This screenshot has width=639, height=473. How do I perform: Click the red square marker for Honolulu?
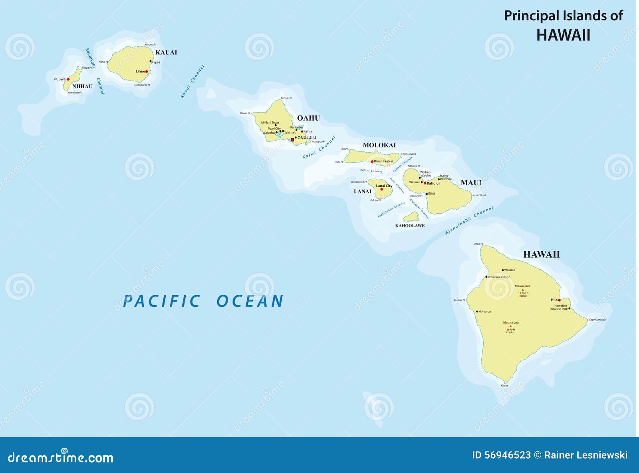click(x=292, y=139)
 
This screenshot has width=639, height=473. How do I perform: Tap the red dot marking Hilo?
click(x=559, y=300)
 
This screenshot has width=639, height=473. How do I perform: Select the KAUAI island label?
click(x=166, y=52)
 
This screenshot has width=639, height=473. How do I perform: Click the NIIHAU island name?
click(x=82, y=86)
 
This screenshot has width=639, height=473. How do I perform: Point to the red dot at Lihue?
click(x=147, y=72)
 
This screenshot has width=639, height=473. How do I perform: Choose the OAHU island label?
click(x=308, y=118)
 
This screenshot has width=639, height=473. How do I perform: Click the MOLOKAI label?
click(x=379, y=145)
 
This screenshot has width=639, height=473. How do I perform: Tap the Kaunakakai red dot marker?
click(x=372, y=161)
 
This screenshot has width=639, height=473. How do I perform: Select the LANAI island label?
click(x=362, y=191)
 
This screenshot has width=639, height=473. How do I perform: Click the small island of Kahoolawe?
click(x=411, y=217)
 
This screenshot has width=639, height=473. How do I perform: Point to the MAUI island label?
click(x=471, y=183)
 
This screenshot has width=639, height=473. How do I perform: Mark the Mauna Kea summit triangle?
click(x=522, y=290)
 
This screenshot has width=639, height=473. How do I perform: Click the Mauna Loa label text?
click(x=511, y=322)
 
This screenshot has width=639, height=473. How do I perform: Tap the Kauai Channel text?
click(x=192, y=81)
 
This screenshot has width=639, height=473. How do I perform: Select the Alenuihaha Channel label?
click(x=469, y=221)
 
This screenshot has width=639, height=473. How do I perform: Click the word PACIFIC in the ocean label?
click(x=161, y=301)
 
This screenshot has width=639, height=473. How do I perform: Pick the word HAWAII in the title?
click(x=563, y=35)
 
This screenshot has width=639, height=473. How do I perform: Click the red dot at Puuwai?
click(x=68, y=79)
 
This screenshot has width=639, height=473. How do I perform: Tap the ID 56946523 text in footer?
click(x=501, y=455)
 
